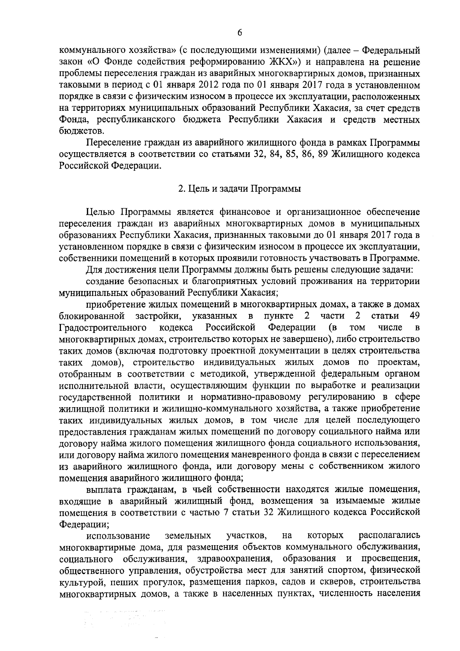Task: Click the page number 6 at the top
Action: pyautogui.click(x=240, y=33)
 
